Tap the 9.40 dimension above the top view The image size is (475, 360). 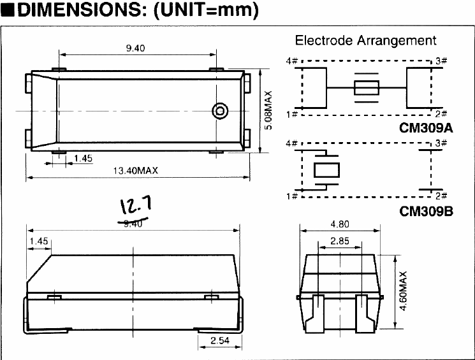[x=135, y=48]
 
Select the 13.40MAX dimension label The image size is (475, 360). [x=135, y=170]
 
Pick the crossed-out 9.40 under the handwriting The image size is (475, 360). [x=132, y=222]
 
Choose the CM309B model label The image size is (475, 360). [x=426, y=210]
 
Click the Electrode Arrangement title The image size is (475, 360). [x=365, y=41]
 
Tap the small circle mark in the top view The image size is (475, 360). [x=219, y=111]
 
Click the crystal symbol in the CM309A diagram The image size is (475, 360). [x=366, y=88]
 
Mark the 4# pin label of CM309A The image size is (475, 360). [x=292, y=61]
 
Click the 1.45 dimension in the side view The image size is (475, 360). [x=39, y=241]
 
